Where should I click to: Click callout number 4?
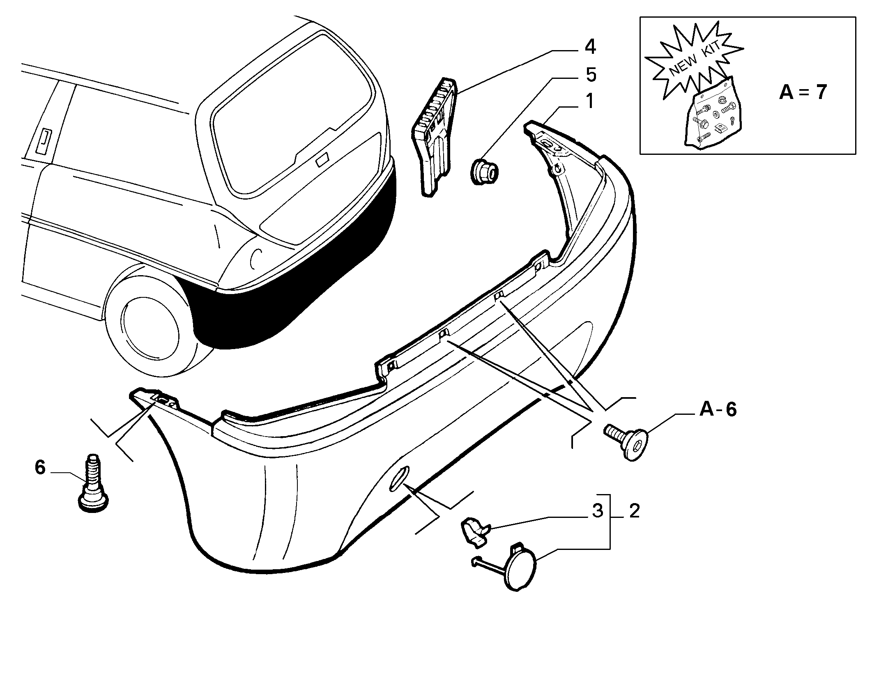[590, 47]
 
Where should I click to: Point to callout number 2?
[634, 511]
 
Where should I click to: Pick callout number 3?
[598, 511]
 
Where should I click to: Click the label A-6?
[718, 409]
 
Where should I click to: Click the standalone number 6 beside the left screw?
[40, 467]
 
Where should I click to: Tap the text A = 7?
[802, 92]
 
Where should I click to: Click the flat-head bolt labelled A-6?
[626, 441]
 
